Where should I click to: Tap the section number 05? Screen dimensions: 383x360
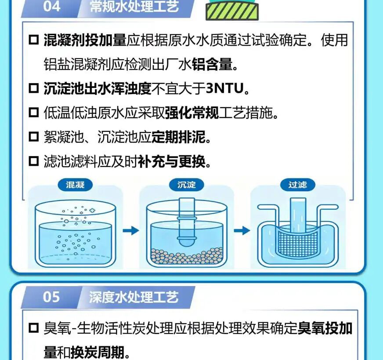point(51,297)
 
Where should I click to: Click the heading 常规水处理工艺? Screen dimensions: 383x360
point(134,6)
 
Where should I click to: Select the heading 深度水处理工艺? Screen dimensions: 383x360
point(134,297)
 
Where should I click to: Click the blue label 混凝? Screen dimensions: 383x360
point(75,185)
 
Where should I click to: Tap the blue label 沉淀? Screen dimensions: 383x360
point(187,185)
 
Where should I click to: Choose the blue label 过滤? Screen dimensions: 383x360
point(298,185)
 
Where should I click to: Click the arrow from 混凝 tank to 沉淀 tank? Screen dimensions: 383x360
point(131,230)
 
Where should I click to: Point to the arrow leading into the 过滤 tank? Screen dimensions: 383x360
point(242,230)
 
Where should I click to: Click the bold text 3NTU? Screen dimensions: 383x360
point(225,88)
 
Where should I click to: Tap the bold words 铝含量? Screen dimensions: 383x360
point(212,64)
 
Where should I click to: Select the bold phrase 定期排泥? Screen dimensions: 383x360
point(178,137)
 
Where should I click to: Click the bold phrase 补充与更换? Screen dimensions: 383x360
point(172,161)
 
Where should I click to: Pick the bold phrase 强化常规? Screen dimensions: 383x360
point(192,113)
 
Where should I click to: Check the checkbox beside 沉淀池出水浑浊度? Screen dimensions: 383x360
point(34,88)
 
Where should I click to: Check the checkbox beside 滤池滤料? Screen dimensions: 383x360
point(34,161)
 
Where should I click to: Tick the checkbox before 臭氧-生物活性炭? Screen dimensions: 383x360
point(34,328)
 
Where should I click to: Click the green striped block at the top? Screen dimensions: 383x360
point(232,11)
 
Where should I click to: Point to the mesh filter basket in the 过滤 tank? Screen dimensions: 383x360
point(298,242)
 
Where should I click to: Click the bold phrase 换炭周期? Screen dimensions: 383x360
point(98,352)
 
